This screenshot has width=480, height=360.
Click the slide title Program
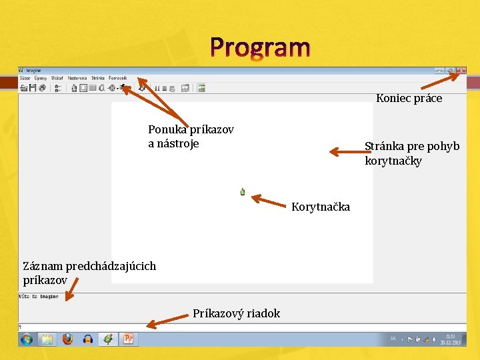[260, 48]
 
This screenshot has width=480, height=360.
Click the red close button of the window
[461, 70]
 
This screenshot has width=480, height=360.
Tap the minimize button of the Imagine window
[439, 70]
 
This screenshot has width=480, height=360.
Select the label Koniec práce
[409, 99]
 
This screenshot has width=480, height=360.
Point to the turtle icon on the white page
[243, 192]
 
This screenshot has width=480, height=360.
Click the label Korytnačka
[321, 207]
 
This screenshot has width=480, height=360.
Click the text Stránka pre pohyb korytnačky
[411, 153]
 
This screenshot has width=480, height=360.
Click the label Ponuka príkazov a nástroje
[191, 136]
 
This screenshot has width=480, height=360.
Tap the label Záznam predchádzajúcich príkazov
[89, 273]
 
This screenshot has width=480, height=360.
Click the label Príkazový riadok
[236, 313]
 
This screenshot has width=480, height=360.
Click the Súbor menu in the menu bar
[25, 78]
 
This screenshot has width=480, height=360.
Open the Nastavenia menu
[77, 78]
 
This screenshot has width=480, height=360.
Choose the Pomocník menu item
[118, 78]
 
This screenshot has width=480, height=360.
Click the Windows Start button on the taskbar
[27, 339]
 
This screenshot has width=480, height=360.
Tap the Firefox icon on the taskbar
[67, 339]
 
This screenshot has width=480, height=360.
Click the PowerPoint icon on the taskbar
[128, 339]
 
